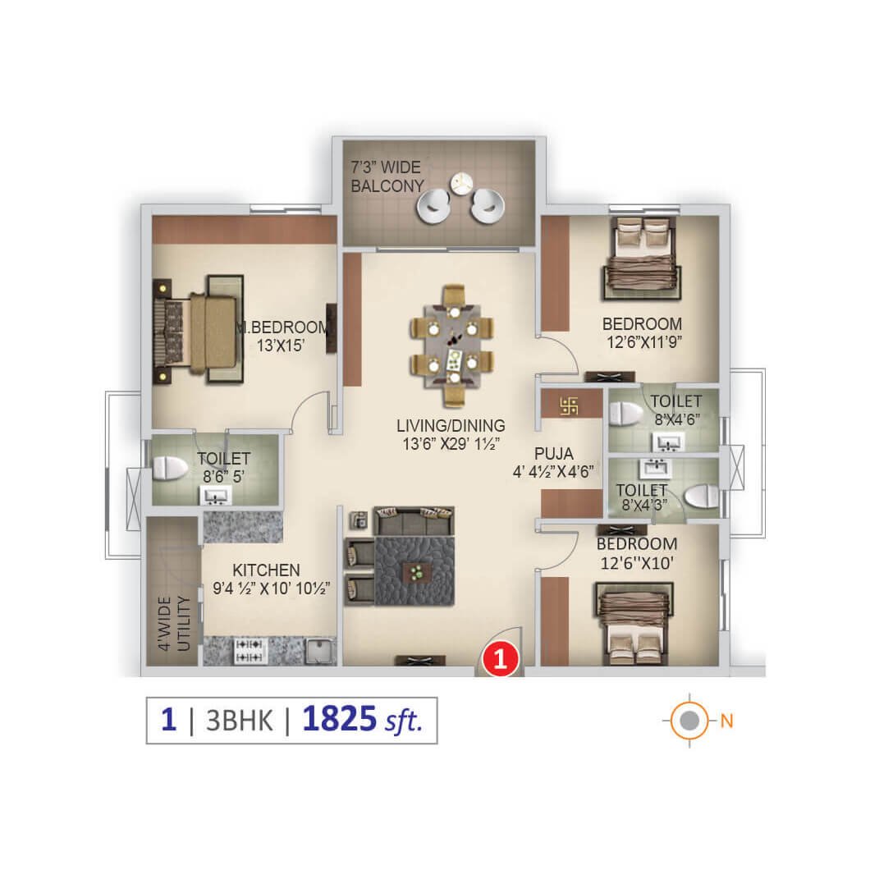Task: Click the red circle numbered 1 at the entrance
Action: (x=501, y=659)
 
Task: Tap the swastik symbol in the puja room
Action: (x=569, y=405)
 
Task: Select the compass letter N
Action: (x=727, y=721)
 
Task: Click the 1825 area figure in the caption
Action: (x=340, y=718)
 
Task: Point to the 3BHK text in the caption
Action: (x=240, y=721)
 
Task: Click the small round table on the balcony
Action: (x=460, y=183)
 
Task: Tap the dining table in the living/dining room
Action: (x=453, y=345)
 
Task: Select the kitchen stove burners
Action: (x=249, y=651)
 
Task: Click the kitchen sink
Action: (x=320, y=652)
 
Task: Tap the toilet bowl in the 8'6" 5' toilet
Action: (x=170, y=468)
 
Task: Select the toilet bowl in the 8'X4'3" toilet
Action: (x=702, y=496)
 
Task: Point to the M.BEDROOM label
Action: (x=283, y=327)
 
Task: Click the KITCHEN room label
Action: (x=266, y=570)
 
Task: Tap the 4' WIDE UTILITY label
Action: (x=174, y=623)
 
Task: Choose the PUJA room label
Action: (x=554, y=454)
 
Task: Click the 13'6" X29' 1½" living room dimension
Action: (x=451, y=444)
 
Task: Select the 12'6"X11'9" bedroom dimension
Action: (x=644, y=341)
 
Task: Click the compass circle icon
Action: (x=689, y=721)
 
